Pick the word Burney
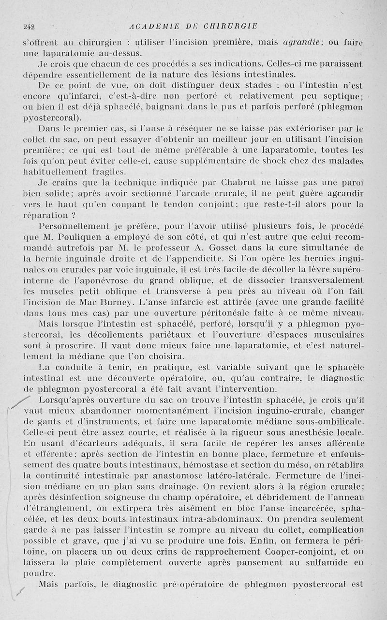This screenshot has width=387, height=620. [x=117, y=300]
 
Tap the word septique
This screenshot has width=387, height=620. [x=344, y=96]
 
